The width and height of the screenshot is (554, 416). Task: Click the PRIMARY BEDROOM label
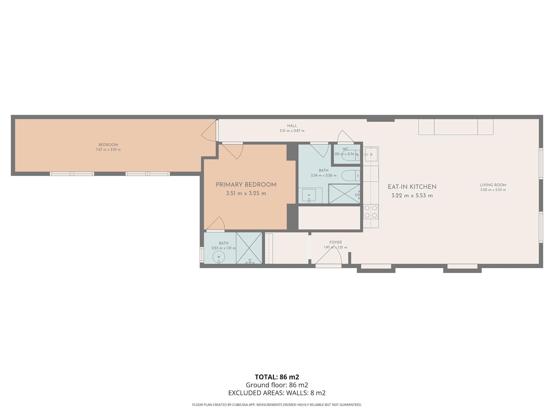coord(246,185)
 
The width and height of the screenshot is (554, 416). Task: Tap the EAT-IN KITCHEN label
coord(412,187)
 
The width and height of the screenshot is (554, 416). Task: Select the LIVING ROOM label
coord(493,185)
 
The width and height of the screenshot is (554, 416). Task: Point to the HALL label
coord(292,126)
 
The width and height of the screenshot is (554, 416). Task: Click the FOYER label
coord(336,242)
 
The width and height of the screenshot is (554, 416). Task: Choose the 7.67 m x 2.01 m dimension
coord(108,149)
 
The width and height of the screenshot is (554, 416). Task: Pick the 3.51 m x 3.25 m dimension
coord(246,193)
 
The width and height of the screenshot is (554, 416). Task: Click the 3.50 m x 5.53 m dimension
coord(493,190)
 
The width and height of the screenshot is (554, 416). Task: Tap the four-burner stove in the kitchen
coord(371,212)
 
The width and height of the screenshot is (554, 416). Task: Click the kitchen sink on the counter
coord(371,154)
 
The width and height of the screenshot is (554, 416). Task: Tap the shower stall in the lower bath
coord(249,248)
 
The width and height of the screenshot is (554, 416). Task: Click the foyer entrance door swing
coord(328,255)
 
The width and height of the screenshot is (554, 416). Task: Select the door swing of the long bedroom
coord(209,130)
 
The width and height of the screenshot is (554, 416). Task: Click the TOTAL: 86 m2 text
coord(277,377)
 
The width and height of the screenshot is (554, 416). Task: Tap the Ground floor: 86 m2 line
coord(277,385)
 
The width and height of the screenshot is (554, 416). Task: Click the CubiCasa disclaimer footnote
coord(277,405)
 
